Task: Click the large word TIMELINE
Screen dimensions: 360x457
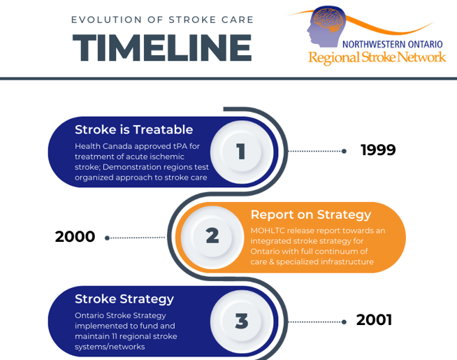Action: point(161,48)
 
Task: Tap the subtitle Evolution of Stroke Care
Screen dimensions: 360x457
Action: point(161,19)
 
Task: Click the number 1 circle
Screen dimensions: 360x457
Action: point(241,152)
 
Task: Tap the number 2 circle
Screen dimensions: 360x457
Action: point(212,236)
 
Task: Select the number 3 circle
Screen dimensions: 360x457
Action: point(241,321)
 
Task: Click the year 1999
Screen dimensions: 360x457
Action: point(378,150)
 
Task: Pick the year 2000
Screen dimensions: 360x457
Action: point(75,237)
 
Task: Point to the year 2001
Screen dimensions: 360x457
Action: point(374,320)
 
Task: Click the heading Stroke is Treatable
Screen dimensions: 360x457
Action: point(133,129)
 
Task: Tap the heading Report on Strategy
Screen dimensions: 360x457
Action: point(310,215)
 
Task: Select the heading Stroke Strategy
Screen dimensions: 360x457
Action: point(124,299)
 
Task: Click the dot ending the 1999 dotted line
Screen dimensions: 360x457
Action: point(344,151)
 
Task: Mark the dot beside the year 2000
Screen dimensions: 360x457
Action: point(107,238)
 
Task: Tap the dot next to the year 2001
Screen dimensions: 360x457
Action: point(344,322)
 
